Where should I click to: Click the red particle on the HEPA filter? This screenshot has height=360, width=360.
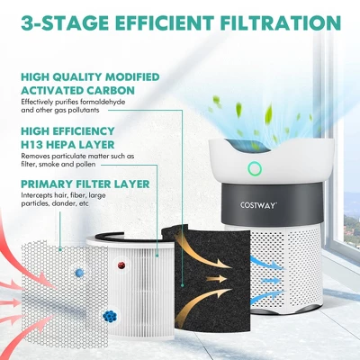pyautogui.click(x=121, y=265)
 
